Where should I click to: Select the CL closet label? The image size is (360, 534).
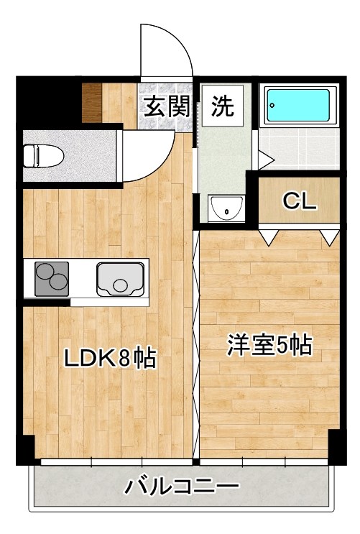299,201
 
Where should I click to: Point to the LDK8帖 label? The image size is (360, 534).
111,358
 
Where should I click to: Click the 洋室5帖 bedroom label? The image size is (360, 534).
269,345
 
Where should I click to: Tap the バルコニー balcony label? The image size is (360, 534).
182,488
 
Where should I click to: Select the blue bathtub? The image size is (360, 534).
299,106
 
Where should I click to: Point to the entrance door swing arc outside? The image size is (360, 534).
167,50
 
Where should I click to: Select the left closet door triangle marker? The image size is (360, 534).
269,236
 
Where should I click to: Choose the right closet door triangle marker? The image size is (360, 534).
330,236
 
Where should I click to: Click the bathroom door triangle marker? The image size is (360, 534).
264,155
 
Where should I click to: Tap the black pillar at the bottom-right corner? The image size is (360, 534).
334,447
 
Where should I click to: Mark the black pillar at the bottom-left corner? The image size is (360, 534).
24,450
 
